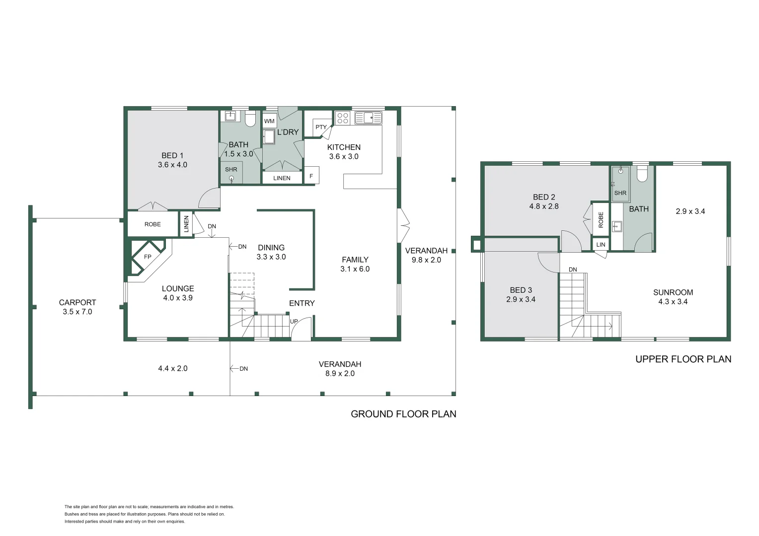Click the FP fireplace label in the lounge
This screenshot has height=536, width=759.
tap(148, 257)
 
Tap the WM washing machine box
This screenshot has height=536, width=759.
tap(269, 121)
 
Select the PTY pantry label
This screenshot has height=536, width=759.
tap(321, 127)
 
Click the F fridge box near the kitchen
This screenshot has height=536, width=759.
tap(311, 176)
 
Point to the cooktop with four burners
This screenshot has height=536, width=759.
tap(343, 118)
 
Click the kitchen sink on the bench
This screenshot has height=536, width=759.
tap(369, 118)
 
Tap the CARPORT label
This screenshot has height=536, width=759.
tap(77, 302)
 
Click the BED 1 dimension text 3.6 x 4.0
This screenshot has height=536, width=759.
tap(172, 165)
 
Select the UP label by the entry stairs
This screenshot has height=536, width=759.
tap(294, 322)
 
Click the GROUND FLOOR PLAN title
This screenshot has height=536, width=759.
tap(403, 414)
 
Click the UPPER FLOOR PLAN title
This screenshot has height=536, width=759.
tap(683, 359)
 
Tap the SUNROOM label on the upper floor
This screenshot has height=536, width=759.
tap(673, 292)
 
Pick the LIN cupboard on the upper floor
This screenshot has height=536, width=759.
tap(601, 245)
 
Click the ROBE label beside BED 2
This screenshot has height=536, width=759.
tap(601, 219)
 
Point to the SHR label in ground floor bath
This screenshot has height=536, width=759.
tap(231, 169)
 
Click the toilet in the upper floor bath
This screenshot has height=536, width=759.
tap(642, 174)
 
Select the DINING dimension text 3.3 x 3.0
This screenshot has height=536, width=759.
tap(271, 257)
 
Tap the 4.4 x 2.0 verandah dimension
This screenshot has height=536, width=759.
tap(172, 368)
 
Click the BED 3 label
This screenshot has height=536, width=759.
tap(521, 290)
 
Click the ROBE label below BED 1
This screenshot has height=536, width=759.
tap(152, 224)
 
